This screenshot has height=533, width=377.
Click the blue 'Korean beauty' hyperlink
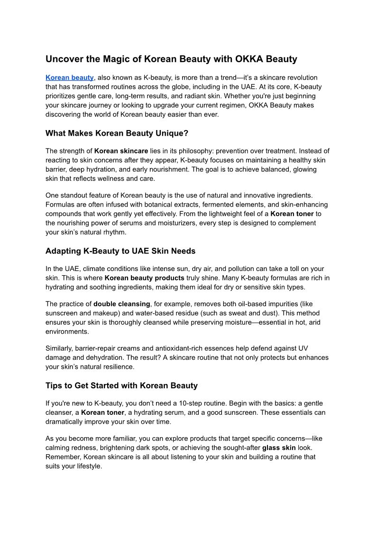coord(70,77)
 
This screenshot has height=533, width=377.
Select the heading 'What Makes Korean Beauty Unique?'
coord(117,133)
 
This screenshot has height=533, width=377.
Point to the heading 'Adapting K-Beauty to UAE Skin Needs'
coord(120,251)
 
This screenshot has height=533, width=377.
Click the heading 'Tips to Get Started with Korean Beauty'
coord(121,385)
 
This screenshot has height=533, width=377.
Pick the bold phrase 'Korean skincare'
coord(121,151)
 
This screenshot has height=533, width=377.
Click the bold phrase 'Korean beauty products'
coord(145,278)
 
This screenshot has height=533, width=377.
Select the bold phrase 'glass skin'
coord(279,448)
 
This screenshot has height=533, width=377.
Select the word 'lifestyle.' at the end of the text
coord(86,466)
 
